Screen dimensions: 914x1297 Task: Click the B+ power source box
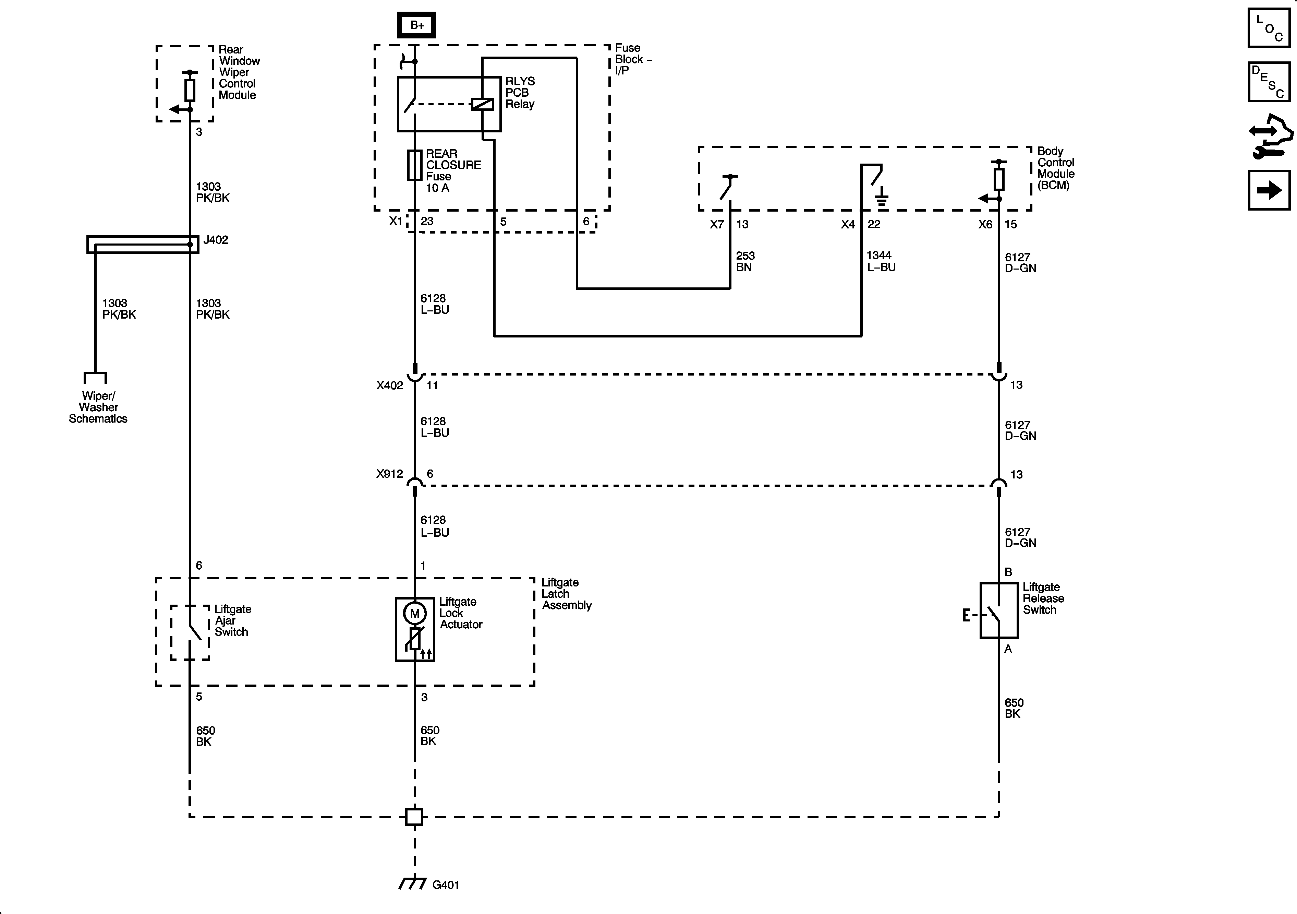pyautogui.click(x=416, y=25)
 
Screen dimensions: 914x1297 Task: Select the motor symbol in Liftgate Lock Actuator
pyautogui.click(x=415, y=613)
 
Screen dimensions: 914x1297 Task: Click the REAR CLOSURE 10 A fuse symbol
pyautogui.click(x=415, y=165)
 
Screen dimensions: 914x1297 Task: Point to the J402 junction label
pyautogui.click(x=216, y=240)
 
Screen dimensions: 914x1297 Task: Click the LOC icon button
pyautogui.click(x=1269, y=28)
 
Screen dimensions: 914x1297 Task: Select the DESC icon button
pyautogui.click(x=1269, y=82)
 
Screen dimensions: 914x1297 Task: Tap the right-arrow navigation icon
pyautogui.click(x=1269, y=190)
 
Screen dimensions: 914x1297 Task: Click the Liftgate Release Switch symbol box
pyautogui.click(x=999, y=610)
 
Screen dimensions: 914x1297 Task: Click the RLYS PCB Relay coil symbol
pyautogui.click(x=482, y=104)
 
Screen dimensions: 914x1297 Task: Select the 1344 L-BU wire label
pyautogui.click(x=881, y=261)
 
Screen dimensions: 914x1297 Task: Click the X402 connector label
pyautogui.click(x=390, y=385)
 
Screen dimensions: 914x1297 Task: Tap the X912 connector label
pyautogui.click(x=390, y=474)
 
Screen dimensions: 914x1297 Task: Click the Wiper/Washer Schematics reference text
pyautogui.click(x=98, y=407)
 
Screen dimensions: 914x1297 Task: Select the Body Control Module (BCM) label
pyautogui.click(x=1055, y=168)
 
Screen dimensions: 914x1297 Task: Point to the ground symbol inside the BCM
pyautogui.click(x=881, y=198)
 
